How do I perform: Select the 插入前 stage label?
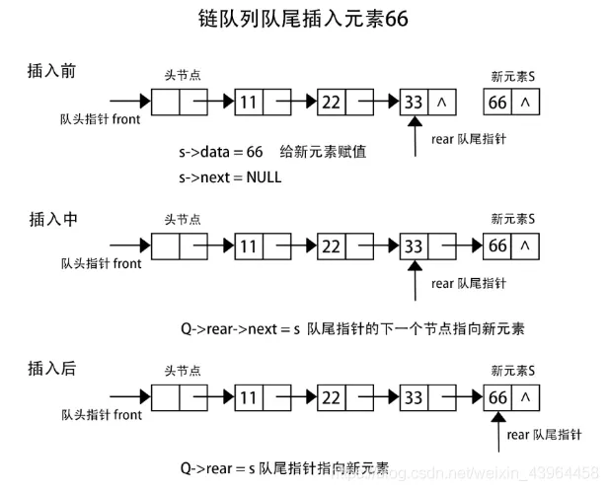[x=52, y=72]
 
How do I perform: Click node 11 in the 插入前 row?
[x=250, y=101]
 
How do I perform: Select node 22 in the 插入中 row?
[x=333, y=246]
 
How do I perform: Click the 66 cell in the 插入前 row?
[x=497, y=101]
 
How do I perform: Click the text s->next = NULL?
[x=229, y=177]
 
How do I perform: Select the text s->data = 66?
[x=220, y=152]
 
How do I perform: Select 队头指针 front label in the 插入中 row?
[x=101, y=263]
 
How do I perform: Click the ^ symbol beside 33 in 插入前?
[x=441, y=101]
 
